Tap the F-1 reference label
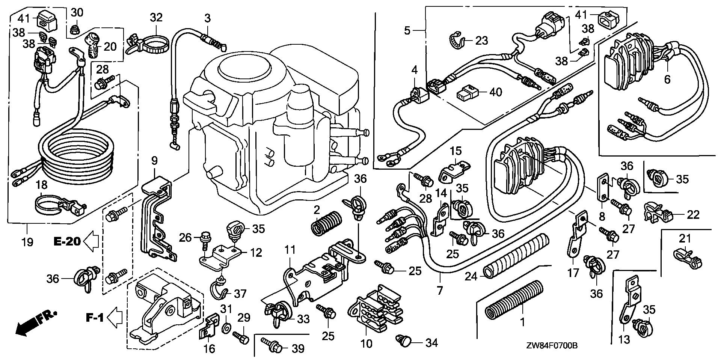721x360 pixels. point(95,318)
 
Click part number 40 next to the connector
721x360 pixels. point(496,92)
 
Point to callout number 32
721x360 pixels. point(156,17)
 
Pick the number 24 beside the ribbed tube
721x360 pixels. point(471,277)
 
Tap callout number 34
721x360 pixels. point(432,342)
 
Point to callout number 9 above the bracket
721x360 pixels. point(154,161)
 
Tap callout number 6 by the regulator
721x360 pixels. point(667,79)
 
